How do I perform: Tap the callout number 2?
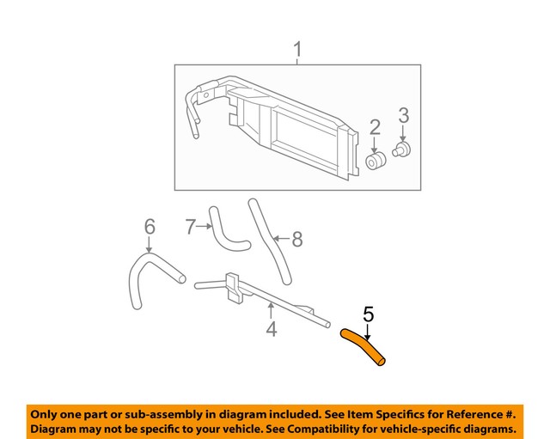click(x=376, y=128)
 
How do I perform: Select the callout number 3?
click(x=402, y=115)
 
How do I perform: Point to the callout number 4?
click(x=272, y=329)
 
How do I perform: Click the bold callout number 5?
click(x=369, y=314)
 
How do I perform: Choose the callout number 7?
click(x=191, y=227)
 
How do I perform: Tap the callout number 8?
click(x=297, y=240)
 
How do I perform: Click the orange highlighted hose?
click(x=366, y=351)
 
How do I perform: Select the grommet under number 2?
click(x=375, y=162)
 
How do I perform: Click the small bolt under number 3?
click(x=400, y=152)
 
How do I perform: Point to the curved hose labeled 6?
click(x=143, y=275)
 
